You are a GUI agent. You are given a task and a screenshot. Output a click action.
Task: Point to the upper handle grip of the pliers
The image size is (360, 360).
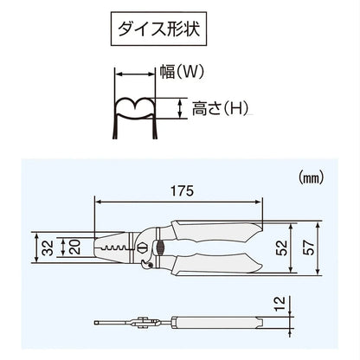pyautogui.click(x=221, y=231)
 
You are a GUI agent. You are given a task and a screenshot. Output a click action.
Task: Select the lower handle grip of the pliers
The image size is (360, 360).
pyautogui.click(x=221, y=262)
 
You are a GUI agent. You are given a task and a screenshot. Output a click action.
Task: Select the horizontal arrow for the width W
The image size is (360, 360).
pyautogui.click(x=137, y=75)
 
